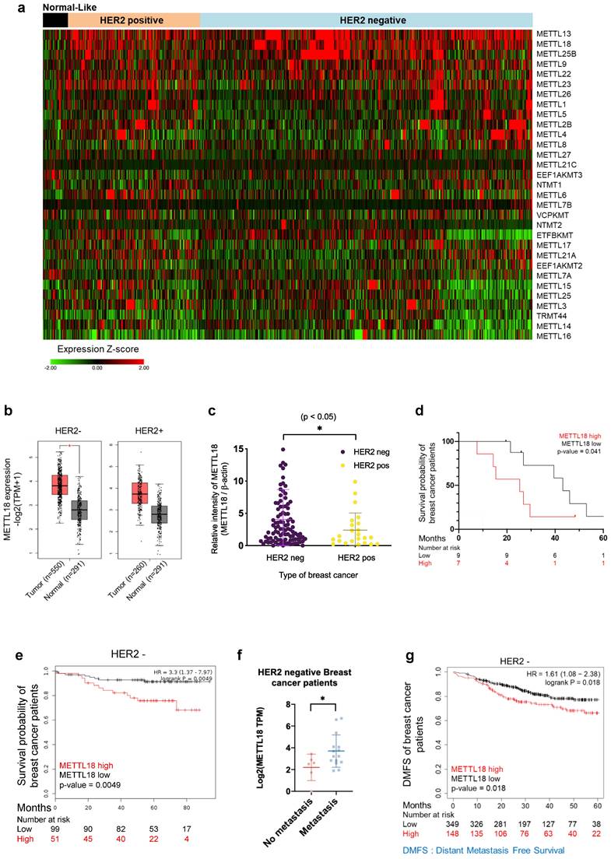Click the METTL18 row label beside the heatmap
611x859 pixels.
(554, 44)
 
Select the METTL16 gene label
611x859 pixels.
(554, 337)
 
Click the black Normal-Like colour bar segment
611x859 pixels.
(55, 21)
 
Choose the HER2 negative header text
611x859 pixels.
(367, 21)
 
